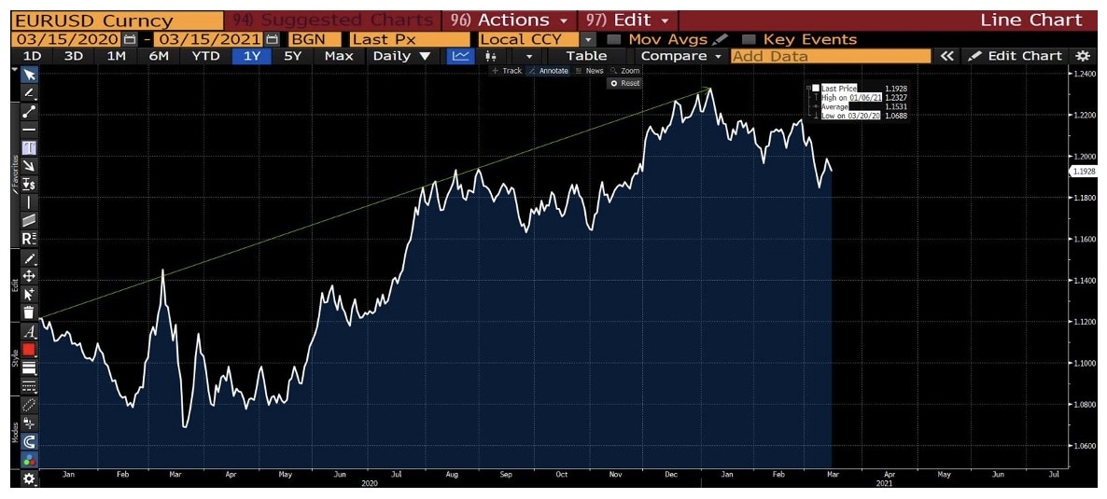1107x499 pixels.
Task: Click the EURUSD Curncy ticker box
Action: pos(93,21)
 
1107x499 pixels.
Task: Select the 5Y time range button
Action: pos(293,56)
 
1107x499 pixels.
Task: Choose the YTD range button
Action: pos(205,56)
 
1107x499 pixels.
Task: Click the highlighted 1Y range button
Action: pos(251,56)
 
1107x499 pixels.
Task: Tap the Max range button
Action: pos(338,56)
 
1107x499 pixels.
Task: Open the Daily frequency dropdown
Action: pos(401,56)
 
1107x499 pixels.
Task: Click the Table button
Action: pos(586,56)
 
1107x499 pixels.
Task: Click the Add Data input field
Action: pos(831,56)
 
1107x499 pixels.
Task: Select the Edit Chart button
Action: pos(1016,56)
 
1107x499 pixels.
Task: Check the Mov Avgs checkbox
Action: pos(613,39)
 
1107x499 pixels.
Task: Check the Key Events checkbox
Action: pos(748,39)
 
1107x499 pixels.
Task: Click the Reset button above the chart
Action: pos(625,83)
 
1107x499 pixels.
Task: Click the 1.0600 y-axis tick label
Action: pos(1085,446)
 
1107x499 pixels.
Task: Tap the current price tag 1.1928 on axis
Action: pos(1085,172)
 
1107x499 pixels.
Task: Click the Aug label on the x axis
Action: pos(451,475)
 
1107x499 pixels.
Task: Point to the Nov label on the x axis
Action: pos(615,475)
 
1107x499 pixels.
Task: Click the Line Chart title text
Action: pos(1031,21)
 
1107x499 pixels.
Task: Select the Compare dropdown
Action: pos(681,56)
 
